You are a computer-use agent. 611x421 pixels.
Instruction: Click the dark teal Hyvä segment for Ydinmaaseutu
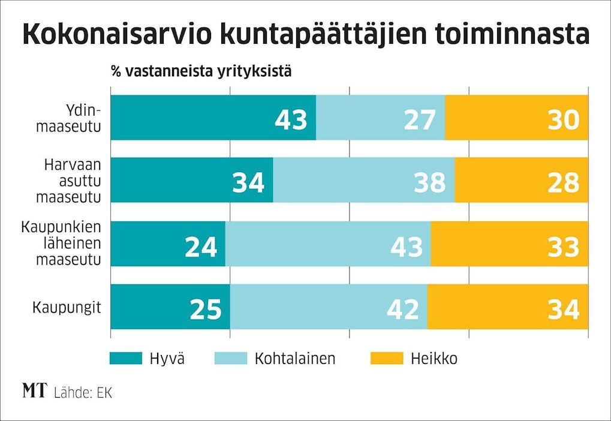click(x=192, y=118)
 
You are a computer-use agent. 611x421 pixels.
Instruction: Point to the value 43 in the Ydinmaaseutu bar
click(x=291, y=119)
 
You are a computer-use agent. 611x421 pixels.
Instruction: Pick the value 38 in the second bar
click(x=430, y=182)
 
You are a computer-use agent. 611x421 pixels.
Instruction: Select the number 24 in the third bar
click(x=200, y=246)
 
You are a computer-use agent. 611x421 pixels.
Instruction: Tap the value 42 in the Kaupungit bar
click(x=402, y=309)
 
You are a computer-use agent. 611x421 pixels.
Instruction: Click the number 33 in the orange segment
click(x=563, y=246)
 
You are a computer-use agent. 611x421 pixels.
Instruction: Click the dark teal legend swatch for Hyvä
click(x=125, y=359)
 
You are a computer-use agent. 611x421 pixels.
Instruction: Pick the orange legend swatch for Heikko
click(x=387, y=359)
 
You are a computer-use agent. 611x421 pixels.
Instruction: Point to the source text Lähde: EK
click(x=83, y=393)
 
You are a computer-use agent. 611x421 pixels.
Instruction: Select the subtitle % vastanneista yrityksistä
click(x=201, y=72)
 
